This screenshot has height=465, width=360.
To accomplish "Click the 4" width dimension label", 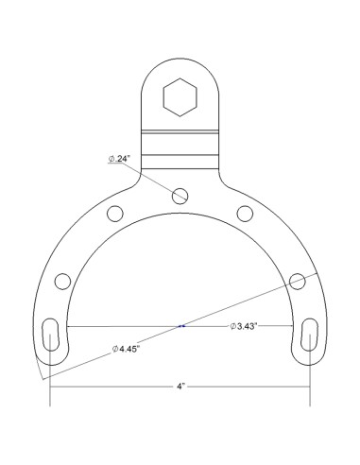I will pos(180,387).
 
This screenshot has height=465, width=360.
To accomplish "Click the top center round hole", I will pos(180,195).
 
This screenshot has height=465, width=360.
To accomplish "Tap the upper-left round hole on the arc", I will pos(115,212).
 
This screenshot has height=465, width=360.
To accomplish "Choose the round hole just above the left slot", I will pos(63,281).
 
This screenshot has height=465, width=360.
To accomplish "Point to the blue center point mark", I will pos(180,327).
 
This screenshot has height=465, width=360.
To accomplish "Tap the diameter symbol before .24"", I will pos(111,159).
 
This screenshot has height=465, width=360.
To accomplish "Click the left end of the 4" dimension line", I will pos(50,387).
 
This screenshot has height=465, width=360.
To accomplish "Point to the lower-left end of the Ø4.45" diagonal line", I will pos(42,379).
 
